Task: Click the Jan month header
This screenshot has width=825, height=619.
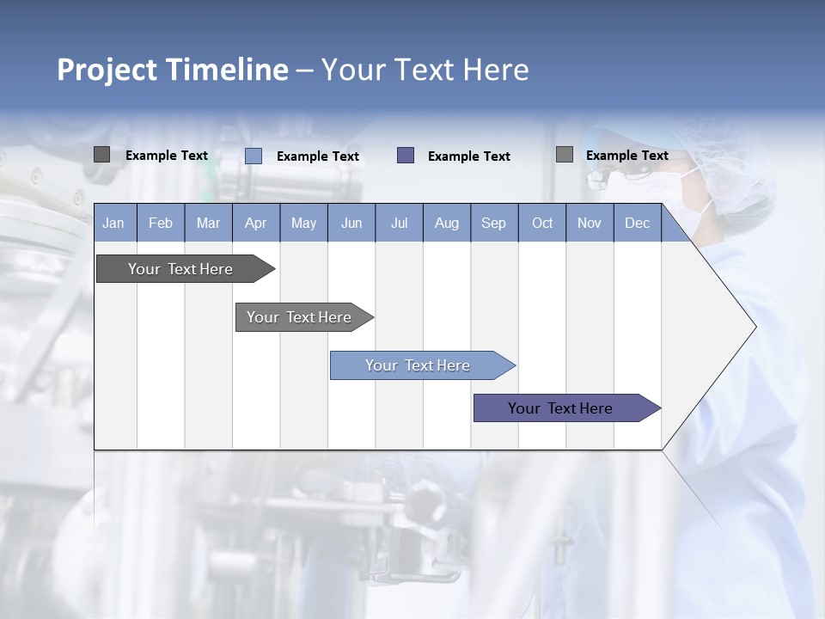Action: click(x=114, y=224)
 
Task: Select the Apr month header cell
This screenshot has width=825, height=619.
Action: click(x=256, y=224)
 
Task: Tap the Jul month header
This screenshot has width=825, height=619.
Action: click(x=399, y=224)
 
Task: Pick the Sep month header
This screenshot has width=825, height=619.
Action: click(x=493, y=224)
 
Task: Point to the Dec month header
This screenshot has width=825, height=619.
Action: click(x=637, y=224)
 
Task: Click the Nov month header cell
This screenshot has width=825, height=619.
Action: click(x=590, y=224)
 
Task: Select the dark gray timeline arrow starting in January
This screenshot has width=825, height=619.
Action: click(x=181, y=269)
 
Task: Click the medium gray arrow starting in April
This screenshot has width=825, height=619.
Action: click(x=300, y=317)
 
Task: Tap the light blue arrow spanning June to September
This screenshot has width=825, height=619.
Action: click(x=419, y=365)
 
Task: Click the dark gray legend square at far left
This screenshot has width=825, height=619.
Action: click(x=101, y=155)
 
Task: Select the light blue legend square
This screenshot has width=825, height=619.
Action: click(x=254, y=156)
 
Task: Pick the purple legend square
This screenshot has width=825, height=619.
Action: click(x=406, y=155)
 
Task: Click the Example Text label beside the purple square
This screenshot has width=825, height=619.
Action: click(x=468, y=156)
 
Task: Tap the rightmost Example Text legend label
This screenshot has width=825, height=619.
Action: click(x=626, y=156)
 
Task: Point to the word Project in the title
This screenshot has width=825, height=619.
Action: click(x=107, y=70)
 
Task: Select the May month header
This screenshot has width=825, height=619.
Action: click(x=303, y=224)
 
